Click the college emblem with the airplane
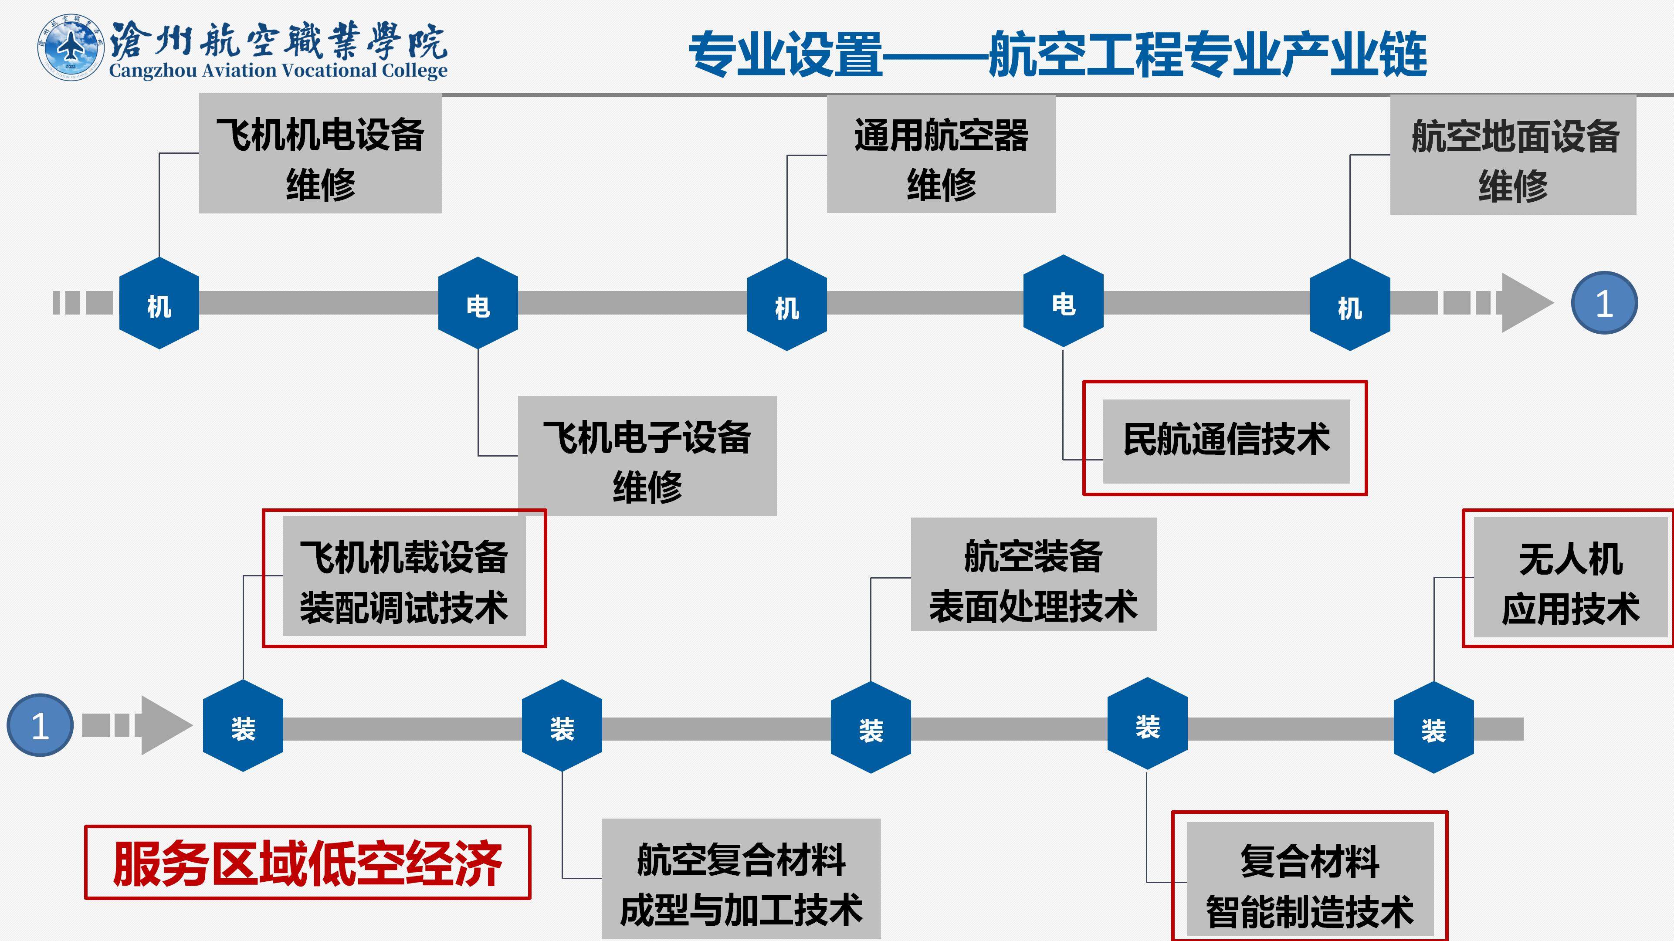click(70, 47)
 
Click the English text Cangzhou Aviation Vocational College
click(278, 70)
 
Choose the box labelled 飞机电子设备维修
click(647, 456)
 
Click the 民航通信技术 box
click(1226, 440)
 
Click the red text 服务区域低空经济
click(307, 863)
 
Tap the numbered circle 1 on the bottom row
click(40, 725)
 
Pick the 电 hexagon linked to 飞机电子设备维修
click(478, 304)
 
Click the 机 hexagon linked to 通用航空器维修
click(786, 305)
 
